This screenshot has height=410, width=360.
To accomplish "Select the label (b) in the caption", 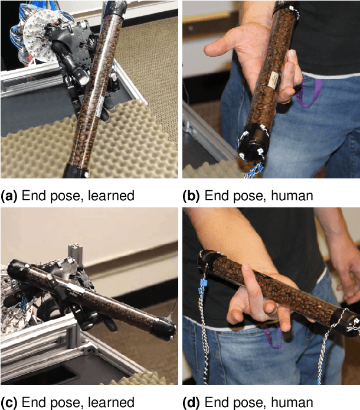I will coord(192,196).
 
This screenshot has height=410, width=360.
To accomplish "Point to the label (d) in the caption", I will coord(192,402).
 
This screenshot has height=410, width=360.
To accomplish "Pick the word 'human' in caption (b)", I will coord(293,196).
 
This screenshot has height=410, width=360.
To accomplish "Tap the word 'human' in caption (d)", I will coord(293,402).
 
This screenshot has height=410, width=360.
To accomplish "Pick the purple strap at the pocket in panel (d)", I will coord(273,338).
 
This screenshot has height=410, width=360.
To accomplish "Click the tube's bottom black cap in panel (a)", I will coord(76,172).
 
